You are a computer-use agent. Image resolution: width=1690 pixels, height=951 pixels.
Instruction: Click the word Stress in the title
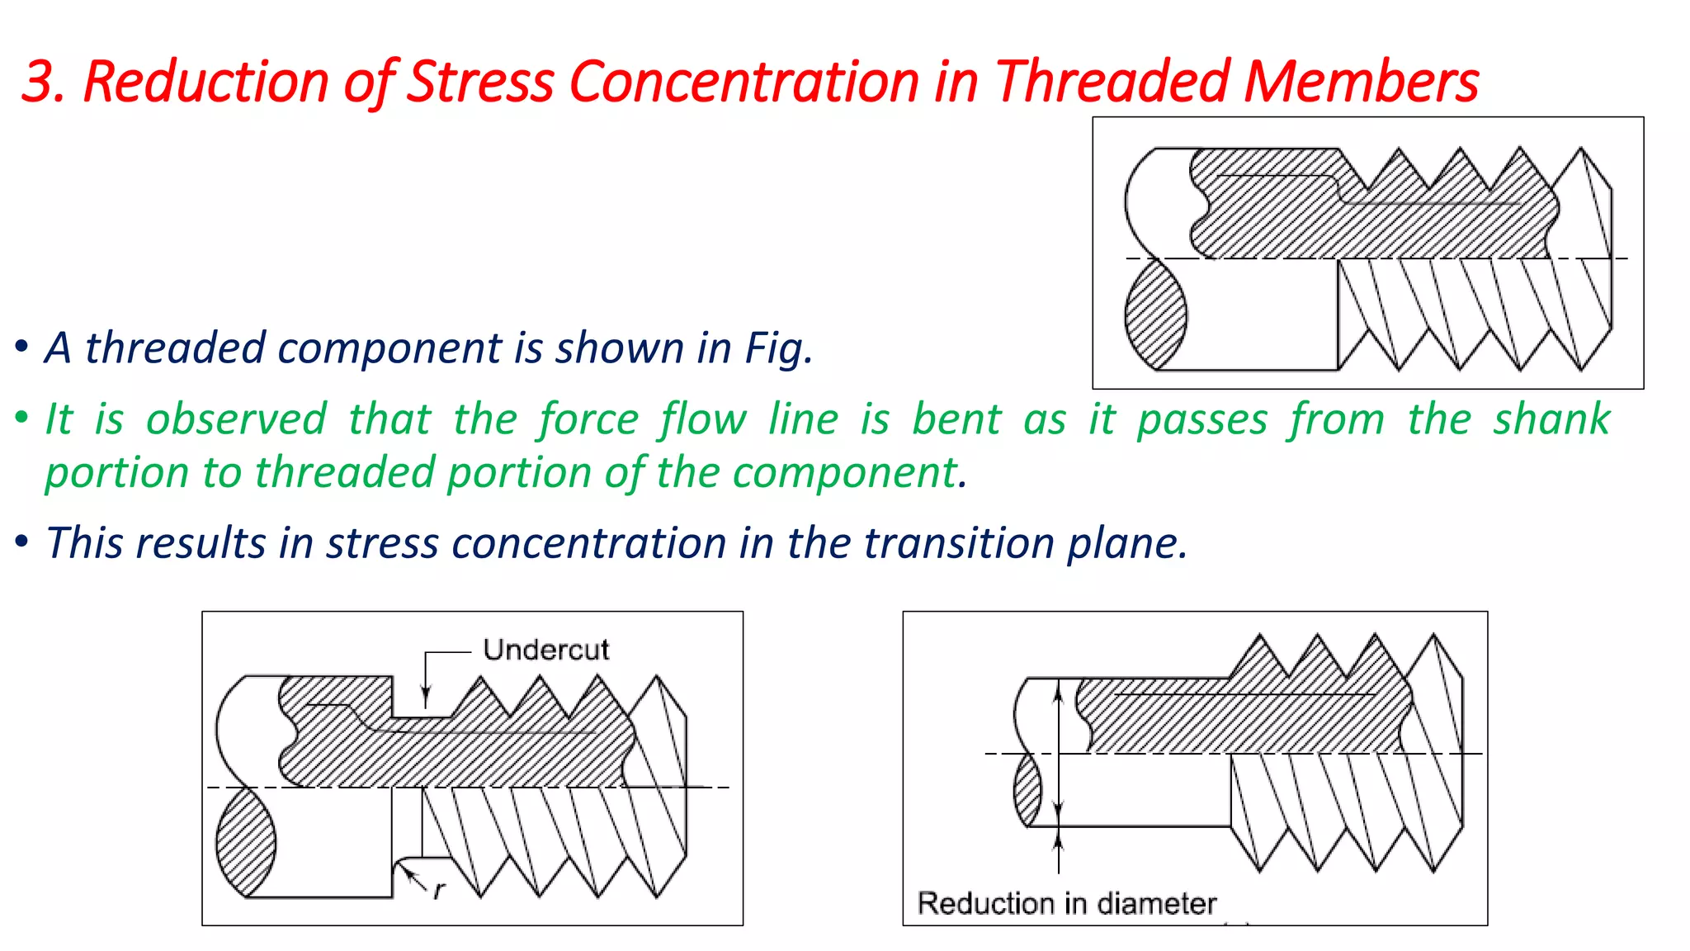coord(481,82)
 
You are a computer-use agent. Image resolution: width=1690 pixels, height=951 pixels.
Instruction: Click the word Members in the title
coord(1362,82)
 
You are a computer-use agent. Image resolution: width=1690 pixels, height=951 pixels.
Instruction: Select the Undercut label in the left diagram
coord(545,650)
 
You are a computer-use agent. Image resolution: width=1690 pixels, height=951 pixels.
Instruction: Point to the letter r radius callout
coord(439,890)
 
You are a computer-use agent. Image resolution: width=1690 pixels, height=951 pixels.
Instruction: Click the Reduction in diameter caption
coord(1067,903)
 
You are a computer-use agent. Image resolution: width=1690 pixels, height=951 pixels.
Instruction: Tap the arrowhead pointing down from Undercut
coord(426,698)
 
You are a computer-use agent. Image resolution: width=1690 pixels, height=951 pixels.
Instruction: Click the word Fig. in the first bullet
coord(779,348)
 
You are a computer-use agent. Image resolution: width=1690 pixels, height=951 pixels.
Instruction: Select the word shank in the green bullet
coord(1551,419)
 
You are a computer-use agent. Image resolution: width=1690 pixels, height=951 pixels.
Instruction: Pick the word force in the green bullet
coord(589,419)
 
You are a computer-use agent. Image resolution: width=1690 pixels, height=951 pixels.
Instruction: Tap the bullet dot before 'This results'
coord(22,542)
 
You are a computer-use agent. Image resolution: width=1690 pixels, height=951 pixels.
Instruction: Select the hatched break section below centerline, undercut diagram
coord(246,842)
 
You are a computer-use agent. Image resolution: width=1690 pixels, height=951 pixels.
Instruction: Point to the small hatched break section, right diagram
coord(1028,791)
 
